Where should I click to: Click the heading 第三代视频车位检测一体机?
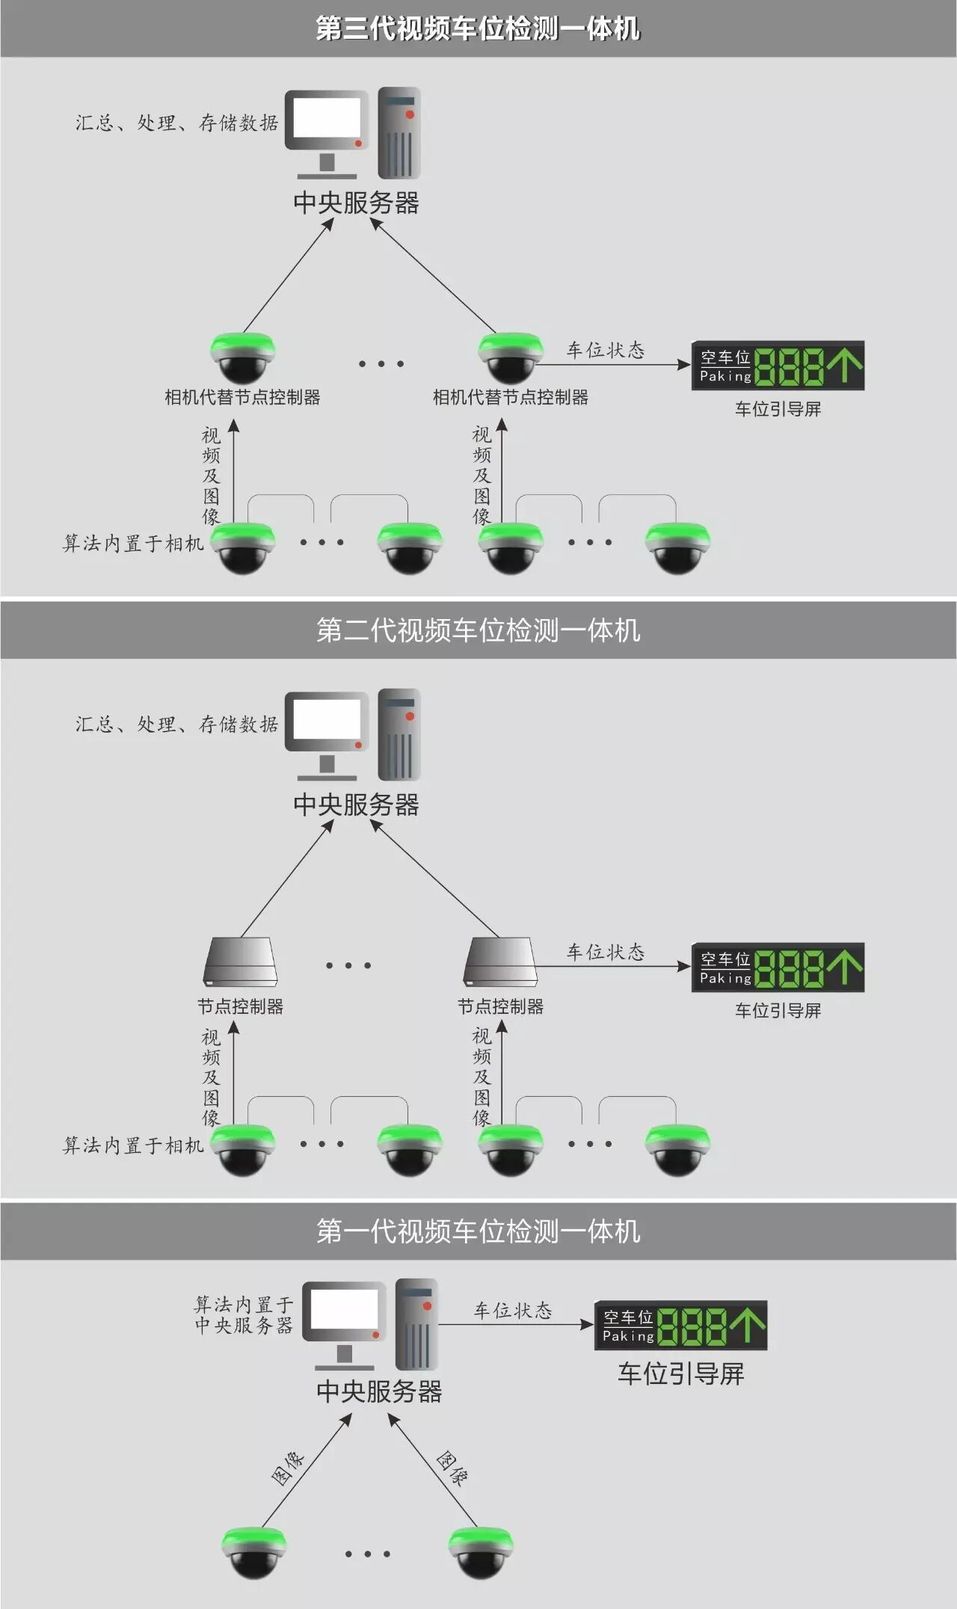478,28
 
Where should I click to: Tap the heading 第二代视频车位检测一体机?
478,630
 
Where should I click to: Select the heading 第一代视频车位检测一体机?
478,1231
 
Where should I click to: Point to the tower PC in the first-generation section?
416,1323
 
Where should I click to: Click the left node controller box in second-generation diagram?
241,962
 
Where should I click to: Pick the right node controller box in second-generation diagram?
500,962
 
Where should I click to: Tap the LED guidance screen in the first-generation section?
680,1326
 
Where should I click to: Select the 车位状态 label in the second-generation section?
606,952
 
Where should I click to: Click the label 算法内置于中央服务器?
244,1315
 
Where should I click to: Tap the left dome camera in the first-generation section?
255,1552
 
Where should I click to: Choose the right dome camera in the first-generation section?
481,1552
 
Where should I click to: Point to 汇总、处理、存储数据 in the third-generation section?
176,123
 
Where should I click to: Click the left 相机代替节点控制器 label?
242,397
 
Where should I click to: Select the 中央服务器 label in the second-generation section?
356,804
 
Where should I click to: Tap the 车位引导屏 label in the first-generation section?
680,1374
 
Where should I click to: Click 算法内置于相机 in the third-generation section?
133,544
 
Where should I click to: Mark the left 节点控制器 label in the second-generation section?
241,1006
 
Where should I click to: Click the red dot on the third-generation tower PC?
410,114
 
